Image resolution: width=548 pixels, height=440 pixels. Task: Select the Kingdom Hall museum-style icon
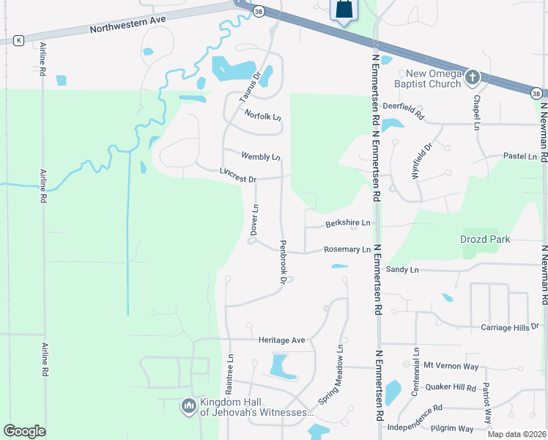tap(189, 405)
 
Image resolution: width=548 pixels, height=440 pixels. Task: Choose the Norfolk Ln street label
tap(263, 115)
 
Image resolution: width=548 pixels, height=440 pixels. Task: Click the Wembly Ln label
tap(261, 156)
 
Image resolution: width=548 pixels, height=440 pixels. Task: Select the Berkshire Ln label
tap(348, 223)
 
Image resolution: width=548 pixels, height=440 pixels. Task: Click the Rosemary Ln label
tap(347, 250)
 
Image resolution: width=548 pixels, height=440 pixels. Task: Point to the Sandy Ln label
tap(402, 271)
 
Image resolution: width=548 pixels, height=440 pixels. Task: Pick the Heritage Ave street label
tap(281, 340)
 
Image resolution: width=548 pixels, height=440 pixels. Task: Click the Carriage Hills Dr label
tap(510, 326)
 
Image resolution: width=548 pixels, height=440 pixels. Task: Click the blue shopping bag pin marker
tap(344, 10)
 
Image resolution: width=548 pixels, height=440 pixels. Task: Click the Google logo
tap(25, 431)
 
